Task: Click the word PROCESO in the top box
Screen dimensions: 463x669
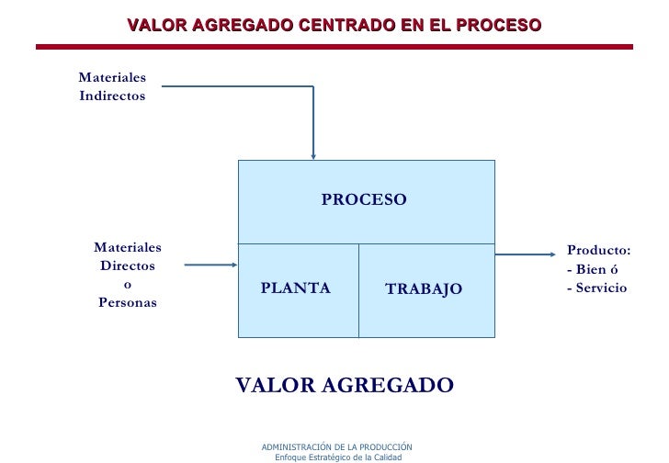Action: [364, 199]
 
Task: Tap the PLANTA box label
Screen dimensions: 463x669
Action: [295, 288]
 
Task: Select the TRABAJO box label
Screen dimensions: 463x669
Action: [424, 289]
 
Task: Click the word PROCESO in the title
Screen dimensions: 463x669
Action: [492, 25]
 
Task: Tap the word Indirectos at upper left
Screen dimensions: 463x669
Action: [112, 96]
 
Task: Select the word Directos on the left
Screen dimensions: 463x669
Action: [128, 266]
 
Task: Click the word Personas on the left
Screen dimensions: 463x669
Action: [128, 303]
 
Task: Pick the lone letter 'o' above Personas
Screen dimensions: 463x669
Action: [128, 285]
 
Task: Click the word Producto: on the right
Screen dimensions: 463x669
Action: [598, 250]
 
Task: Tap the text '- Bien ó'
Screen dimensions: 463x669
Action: [593, 269]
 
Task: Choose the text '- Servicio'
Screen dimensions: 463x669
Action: [596, 288]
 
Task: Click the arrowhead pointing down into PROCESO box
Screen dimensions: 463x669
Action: [313, 155]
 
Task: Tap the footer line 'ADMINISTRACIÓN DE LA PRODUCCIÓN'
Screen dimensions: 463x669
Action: [336, 446]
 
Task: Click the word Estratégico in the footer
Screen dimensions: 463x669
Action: [328, 457]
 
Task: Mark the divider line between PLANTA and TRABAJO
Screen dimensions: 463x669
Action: [358, 290]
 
